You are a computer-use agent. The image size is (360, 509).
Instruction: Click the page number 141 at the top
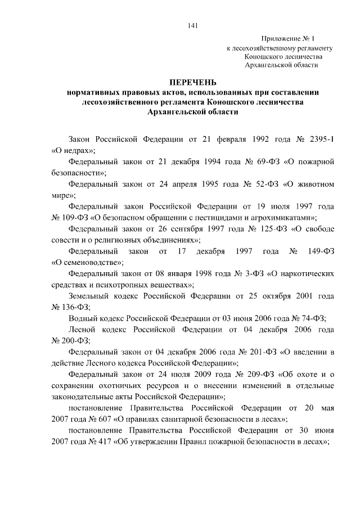pyautogui.click(x=191, y=24)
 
